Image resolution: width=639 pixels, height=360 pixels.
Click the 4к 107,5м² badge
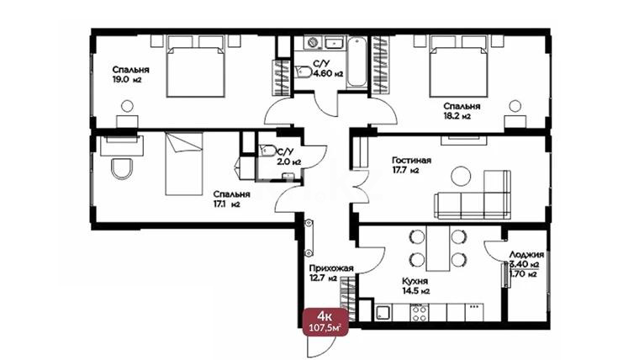(325, 321)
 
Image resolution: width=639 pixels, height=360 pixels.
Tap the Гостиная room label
(412, 160)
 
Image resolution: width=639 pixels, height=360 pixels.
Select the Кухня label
(415, 281)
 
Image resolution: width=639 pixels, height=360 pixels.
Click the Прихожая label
(331, 267)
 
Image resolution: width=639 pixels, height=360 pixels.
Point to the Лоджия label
(526, 254)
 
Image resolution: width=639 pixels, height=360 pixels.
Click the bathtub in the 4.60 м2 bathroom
(357, 61)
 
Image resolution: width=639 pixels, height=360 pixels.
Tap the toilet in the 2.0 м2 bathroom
(267, 151)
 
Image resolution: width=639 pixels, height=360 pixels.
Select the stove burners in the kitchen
(419, 313)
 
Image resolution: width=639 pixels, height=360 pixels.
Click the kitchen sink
(383, 313)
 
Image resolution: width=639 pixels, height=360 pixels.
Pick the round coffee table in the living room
(461, 177)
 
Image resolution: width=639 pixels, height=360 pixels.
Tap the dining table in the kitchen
(438, 248)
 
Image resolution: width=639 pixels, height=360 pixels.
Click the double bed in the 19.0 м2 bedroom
(196, 66)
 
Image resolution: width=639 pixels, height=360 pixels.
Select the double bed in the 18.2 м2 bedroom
(459, 66)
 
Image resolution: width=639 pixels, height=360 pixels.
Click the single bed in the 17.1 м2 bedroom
(184, 163)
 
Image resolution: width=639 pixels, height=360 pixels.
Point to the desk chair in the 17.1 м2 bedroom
(122, 168)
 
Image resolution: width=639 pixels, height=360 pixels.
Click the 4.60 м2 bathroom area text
(328, 74)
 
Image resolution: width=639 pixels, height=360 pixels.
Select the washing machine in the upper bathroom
(313, 42)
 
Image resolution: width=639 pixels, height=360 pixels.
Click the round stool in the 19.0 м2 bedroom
(127, 106)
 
